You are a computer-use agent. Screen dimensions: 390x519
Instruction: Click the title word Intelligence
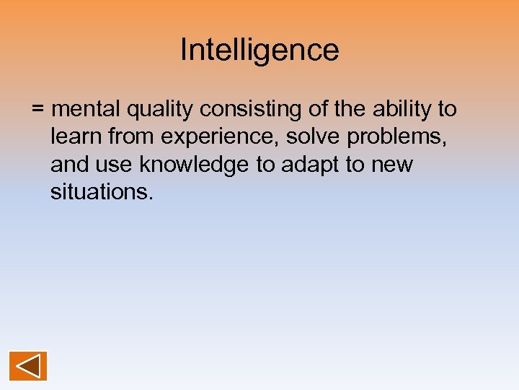[x=259, y=51]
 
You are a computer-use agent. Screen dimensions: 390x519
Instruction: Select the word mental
[x=86, y=109]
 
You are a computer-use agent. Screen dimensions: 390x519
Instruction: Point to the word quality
[x=160, y=109]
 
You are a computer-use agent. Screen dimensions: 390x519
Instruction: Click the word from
[x=128, y=136]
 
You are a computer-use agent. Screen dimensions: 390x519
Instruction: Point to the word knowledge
[x=195, y=165]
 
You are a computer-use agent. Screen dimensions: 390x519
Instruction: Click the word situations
[x=101, y=192]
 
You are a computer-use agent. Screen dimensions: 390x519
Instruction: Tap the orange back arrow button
[x=28, y=365]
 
